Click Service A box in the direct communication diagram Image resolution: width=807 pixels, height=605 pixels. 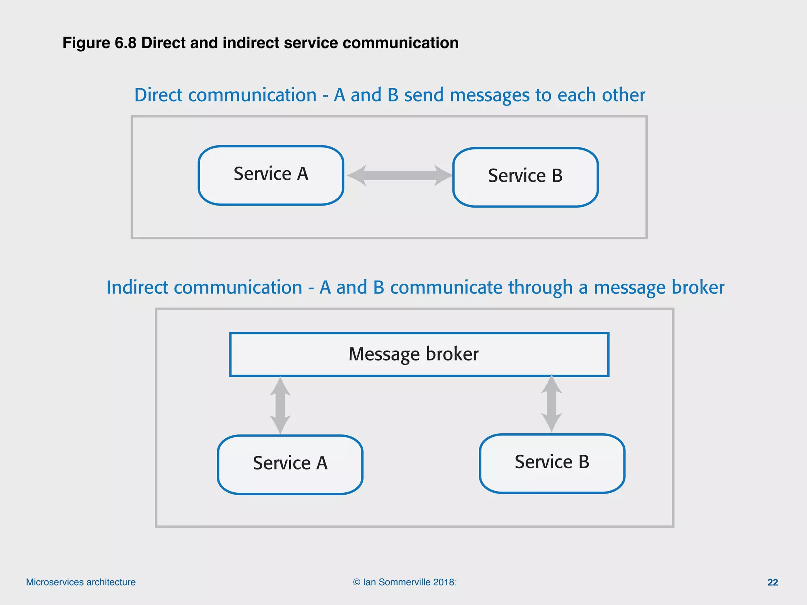point(271,175)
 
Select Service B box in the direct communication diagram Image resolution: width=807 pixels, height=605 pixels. point(525,177)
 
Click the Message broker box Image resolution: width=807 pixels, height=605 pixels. point(419,354)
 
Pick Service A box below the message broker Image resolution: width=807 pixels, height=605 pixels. point(290,464)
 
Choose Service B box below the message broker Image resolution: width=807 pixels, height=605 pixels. point(552,463)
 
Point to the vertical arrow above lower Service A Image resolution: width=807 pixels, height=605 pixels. point(280,405)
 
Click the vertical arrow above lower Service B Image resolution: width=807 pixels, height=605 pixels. point(551,404)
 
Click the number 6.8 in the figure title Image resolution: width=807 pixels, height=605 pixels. point(125,43)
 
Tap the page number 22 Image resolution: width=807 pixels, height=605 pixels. point(772,582)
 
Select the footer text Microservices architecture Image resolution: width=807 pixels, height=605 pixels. point(81,582)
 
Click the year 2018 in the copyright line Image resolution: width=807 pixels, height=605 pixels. point(444,582)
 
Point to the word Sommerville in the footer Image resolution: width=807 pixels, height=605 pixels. point(404,582)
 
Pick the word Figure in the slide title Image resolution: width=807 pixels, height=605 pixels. point(86,43)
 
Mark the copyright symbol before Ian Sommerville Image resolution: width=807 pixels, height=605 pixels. point(357,582)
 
